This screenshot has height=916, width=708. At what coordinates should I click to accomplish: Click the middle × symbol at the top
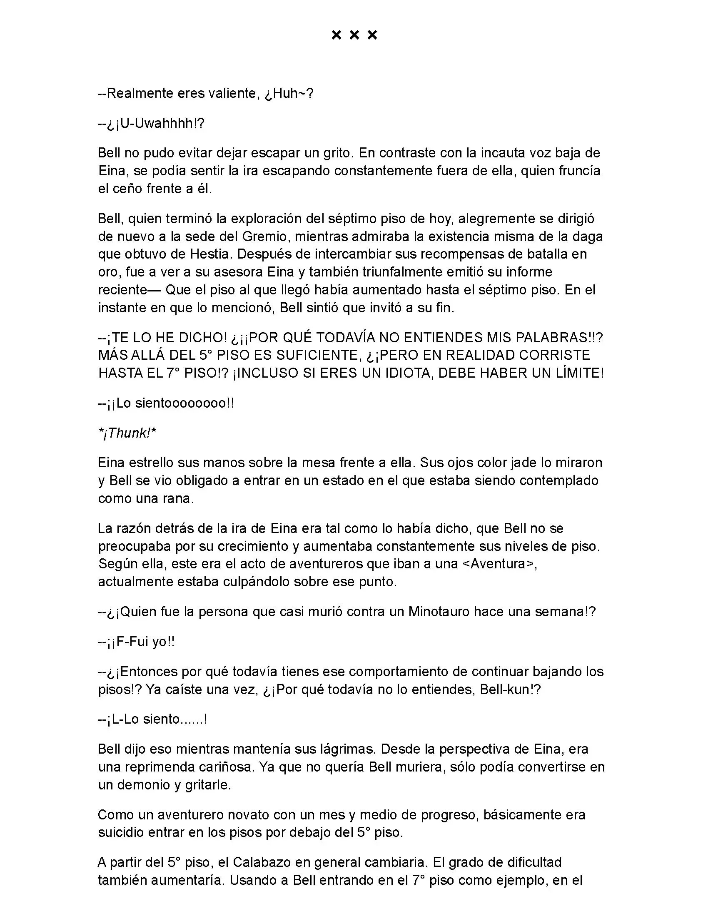354,35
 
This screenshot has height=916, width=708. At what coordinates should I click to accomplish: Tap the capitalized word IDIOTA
395,373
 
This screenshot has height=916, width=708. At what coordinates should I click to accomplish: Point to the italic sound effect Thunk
127,433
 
